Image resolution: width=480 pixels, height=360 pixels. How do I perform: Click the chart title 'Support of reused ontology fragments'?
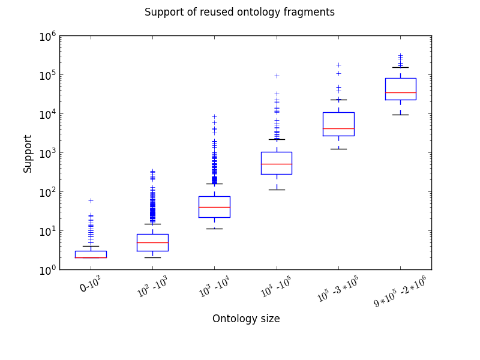(239, 12)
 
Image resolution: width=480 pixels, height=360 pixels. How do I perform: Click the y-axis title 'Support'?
(28, 154)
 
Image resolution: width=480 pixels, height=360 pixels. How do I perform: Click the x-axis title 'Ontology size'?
(246, 319)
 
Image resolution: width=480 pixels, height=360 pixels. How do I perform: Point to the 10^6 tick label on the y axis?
(47, 36)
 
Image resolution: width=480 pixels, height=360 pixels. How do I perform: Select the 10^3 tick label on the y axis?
(47, 153)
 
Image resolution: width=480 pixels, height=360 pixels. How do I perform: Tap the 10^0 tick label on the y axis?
(47, 270)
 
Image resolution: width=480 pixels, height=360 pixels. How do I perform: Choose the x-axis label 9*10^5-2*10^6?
(400, 290)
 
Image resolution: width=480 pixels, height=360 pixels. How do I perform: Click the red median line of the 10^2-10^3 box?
(152, 242)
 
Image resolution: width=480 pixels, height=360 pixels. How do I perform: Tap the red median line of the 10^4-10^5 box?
(277, 164)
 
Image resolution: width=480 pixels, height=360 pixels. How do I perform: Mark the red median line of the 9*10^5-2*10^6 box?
(400, 92)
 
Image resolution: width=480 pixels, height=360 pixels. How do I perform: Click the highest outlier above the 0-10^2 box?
(91, 200)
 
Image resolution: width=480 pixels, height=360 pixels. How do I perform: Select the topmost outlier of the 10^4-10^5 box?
(277, 76)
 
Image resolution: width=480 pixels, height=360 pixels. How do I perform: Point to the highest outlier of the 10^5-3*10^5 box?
(338, 65)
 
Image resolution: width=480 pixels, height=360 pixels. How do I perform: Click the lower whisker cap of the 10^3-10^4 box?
(214, 229)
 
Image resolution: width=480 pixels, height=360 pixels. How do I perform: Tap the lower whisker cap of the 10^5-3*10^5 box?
(338, 149)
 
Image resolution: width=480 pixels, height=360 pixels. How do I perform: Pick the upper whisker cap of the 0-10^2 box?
(91, 246)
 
